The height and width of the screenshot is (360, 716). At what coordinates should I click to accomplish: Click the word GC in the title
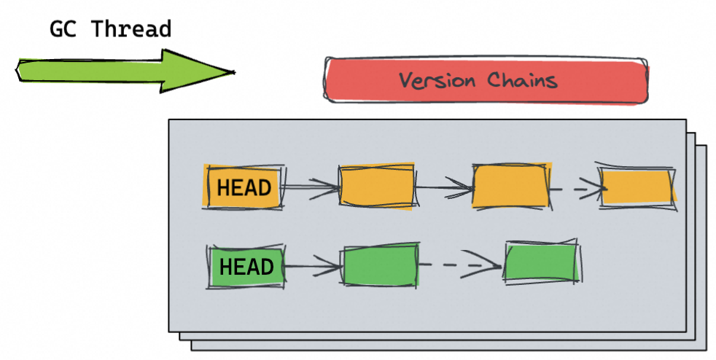point(63,29)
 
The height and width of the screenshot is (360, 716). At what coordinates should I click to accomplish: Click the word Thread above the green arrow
point(131,29)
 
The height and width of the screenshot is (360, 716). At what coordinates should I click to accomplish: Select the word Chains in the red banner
point(522,79)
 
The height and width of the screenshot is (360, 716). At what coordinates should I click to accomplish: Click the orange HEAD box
point(244,187)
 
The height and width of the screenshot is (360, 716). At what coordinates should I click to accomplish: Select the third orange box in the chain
point(510,186)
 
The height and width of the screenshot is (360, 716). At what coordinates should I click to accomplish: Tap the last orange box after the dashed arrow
point(637,187)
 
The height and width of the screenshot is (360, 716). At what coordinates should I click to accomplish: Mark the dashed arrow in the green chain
point(462,265)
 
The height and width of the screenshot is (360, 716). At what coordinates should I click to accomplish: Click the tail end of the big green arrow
point(19,71)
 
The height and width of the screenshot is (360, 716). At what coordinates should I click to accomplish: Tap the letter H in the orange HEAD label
point(222,188)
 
